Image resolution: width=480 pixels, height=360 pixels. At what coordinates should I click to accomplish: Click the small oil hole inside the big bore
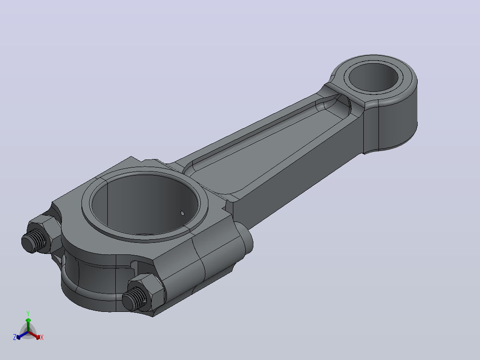pyautogui.click(x=183, y=213)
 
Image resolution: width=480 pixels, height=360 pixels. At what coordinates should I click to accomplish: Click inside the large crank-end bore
pyautogui.click(x=144, y=204)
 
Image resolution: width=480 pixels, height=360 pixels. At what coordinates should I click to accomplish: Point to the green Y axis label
pyautogui.click(x=28, y=314)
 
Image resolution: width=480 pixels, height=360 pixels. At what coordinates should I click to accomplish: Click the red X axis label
pyautogui.click(x=42, y=337)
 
